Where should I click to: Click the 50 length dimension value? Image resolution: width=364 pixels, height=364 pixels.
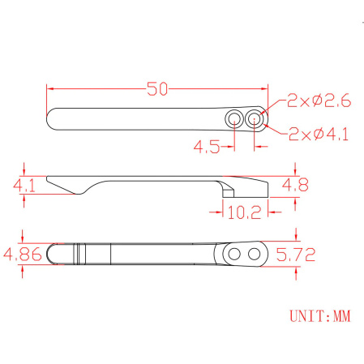click(157, 89)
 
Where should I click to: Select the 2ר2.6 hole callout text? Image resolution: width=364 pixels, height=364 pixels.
click(317, 101)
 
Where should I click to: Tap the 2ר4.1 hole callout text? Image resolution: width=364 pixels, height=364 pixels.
click(319, 135)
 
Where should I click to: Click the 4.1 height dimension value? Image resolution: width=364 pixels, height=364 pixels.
click(24, 186)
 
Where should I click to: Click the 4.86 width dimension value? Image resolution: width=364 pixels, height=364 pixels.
click(23, 254)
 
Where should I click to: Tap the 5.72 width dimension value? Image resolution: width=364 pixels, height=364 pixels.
click(297, 254)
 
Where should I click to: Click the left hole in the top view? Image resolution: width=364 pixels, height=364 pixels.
click(234, 119)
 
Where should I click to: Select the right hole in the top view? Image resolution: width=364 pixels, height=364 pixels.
click(255, 119)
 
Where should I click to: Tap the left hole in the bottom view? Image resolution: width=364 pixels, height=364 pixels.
click(234, 254)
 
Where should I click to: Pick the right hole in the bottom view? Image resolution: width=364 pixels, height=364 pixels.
click(255, 254)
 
